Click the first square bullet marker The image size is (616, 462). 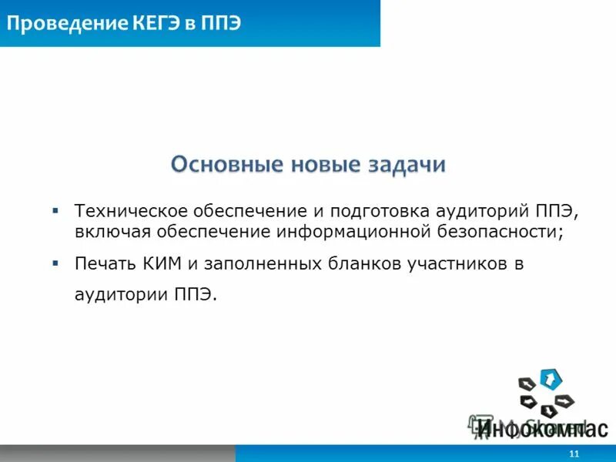[55, 209]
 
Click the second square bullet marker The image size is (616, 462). [55, 263]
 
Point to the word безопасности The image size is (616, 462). [509, 230]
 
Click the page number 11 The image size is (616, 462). [572, 454]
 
